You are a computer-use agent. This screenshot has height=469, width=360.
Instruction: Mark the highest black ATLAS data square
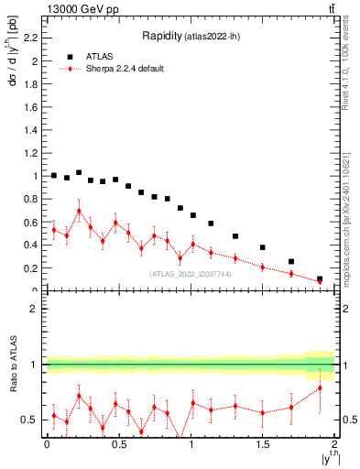[79, 172]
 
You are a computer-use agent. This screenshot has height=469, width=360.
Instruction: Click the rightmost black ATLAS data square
[320, 278]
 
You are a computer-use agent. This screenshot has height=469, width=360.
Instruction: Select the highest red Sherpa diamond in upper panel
[79, 211]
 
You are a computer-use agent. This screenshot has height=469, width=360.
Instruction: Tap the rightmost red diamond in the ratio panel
[320, 388]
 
